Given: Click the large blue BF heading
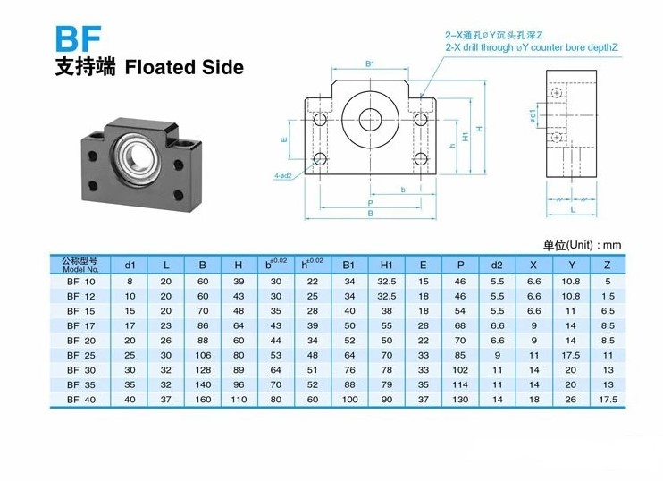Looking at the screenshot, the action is (79, 39).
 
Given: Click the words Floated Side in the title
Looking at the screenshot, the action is (184, 67).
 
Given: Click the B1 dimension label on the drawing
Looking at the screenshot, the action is (370, 63).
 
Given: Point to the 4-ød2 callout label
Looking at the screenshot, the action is (283, 175).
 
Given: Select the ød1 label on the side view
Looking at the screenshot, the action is (533, 116).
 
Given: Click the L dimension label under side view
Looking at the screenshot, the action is (573, 209).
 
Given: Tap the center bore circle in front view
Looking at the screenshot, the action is (371, 120).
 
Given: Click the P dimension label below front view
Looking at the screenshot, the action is (371, 203).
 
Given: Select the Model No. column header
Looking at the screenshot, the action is (80, 265).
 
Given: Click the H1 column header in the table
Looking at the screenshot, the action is (387, 266).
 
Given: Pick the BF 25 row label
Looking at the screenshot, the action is (81, 355).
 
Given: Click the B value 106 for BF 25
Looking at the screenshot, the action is (203, 355).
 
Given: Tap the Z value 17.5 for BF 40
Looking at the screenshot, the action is (608, 400).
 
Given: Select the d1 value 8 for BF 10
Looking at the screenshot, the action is (130, 282).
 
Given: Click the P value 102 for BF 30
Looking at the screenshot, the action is (460, 370).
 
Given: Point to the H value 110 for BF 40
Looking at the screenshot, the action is (239, 400).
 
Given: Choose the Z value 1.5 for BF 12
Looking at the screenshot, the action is (608, 296).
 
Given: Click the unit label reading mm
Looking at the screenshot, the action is (612, 245).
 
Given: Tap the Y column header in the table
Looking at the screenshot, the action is (572, 266).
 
